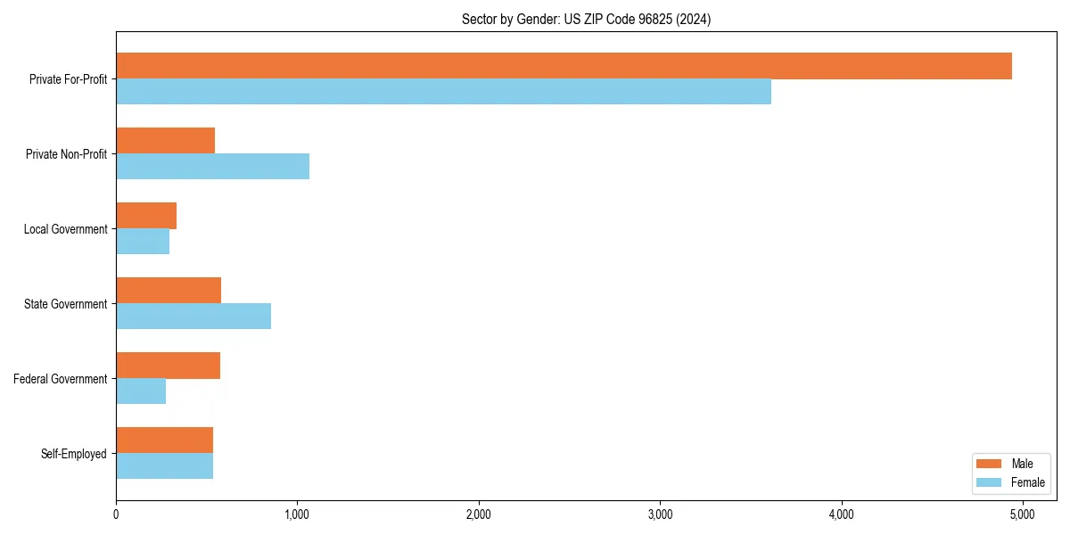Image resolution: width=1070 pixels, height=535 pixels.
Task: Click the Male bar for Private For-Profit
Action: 564,66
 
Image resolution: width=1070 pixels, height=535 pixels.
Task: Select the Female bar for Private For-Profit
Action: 443,92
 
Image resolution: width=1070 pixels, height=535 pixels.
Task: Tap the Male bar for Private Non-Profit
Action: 166,141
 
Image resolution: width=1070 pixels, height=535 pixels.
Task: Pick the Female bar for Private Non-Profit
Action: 212,167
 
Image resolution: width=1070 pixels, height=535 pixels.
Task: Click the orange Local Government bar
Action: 146,216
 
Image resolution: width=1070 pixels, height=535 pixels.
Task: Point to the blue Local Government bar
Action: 143,242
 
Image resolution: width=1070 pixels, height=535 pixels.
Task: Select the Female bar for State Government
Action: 193,317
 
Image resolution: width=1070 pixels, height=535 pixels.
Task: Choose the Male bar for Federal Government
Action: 168,366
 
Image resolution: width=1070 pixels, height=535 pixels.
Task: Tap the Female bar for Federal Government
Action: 141,391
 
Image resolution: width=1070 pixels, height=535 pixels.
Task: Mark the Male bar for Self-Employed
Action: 164,440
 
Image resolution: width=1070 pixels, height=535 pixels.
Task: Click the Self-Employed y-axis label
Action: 73,454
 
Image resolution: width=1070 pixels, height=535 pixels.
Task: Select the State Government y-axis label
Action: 65,304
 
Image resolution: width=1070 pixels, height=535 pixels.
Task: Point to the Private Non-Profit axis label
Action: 66,154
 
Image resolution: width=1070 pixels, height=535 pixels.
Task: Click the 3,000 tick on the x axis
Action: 660,514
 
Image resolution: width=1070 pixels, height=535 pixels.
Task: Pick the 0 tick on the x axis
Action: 116,514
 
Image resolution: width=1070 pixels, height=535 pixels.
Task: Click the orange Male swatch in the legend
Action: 991,464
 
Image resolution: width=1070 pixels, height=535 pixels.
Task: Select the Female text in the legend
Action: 1027,482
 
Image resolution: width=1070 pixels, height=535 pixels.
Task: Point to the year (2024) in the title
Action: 694,19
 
